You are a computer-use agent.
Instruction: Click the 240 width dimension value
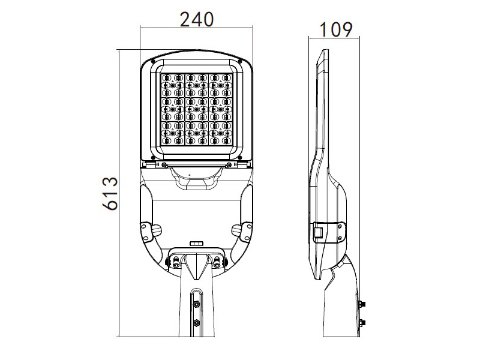196,19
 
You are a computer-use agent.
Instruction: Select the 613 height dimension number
110,193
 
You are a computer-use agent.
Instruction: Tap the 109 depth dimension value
336,29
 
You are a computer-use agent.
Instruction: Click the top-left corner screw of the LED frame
153,62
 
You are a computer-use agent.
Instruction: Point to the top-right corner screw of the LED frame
240,62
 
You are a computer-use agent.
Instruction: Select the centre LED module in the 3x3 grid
196,109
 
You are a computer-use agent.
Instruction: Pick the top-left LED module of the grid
172,85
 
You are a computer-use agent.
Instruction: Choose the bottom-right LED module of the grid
220,133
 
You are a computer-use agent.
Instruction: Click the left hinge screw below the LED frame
164,166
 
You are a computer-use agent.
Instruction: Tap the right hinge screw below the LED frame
229,166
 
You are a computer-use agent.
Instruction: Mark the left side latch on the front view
147,232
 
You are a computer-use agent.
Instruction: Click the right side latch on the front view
246,232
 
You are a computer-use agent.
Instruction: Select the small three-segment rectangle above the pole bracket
196,244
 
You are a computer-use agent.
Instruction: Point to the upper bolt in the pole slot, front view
196,304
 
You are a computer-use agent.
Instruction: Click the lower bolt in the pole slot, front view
196,322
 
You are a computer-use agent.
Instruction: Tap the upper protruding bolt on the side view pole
362,304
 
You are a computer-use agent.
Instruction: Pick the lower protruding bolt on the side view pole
362,323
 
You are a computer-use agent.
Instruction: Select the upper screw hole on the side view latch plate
340,227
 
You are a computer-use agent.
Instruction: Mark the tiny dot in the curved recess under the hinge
190,175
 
